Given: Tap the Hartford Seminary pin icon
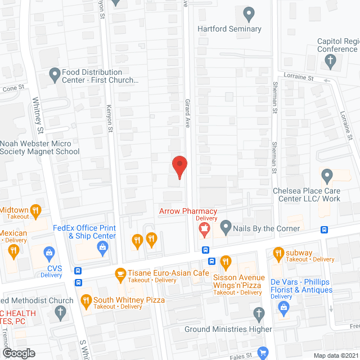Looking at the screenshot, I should point(249,13).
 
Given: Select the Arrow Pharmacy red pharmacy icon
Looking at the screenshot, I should point(204,228).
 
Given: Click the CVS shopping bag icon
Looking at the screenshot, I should point(49,251).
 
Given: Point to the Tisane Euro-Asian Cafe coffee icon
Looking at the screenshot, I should point(120,274).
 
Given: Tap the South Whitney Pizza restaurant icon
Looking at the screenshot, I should point(86,300).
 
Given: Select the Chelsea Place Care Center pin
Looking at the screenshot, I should point(327,177).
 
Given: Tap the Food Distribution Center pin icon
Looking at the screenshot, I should point(55,73).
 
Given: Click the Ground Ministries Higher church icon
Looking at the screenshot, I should point(259,313).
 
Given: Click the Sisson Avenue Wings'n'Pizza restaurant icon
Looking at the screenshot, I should point(226,261).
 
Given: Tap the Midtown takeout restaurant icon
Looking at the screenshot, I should point(36,211).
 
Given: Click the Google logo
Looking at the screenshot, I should point(18,353).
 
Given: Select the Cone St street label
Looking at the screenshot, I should point(14,88).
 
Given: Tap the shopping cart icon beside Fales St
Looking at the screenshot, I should point(263,353).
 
